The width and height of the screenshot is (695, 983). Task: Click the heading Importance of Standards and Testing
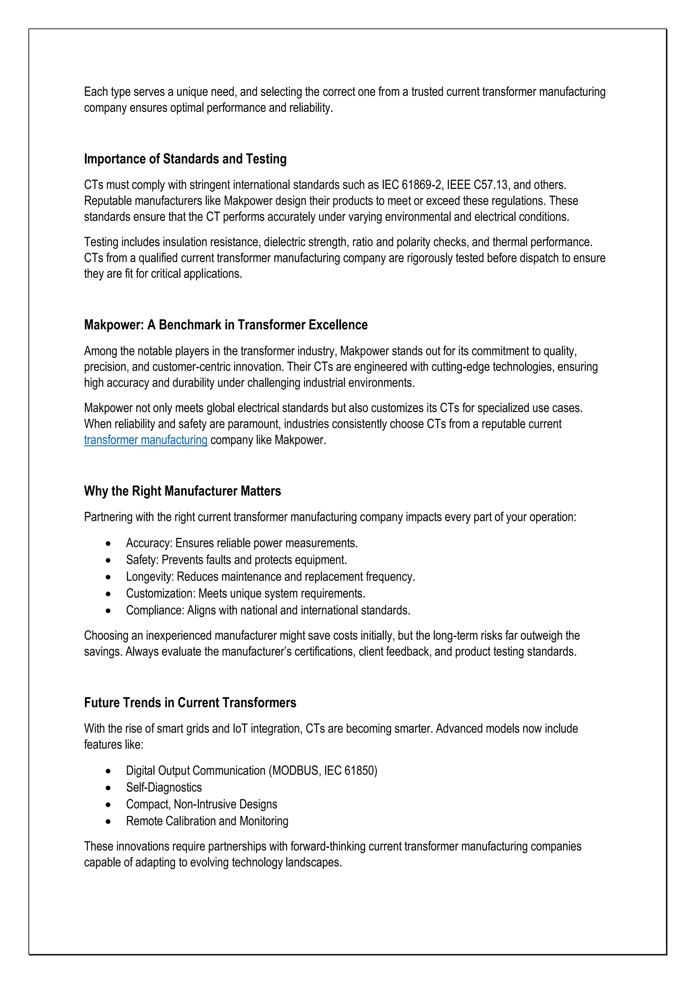coord(185,159)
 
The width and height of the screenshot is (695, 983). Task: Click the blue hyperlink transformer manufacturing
coord(146,440)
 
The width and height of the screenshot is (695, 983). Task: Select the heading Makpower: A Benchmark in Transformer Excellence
coord(226,325)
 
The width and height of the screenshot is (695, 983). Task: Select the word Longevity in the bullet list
coord(149,577)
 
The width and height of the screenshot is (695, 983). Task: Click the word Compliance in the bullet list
coord(155,610)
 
